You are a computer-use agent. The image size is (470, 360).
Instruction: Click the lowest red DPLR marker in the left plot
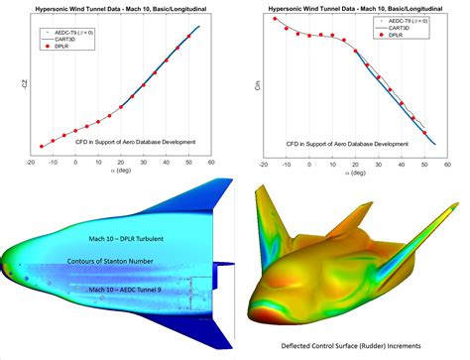[41, 146]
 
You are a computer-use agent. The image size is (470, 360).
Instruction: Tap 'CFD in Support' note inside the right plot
[347, 143]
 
